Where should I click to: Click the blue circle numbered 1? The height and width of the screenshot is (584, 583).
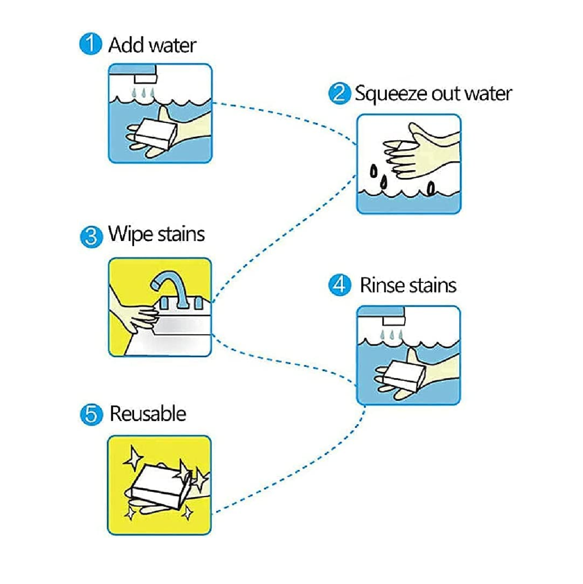coord(90,44)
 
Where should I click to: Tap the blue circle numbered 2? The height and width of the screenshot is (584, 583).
coord(339,93)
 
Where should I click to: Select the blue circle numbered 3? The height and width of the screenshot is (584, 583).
coord(91,237)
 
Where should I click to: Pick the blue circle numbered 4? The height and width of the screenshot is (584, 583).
coord(340,285)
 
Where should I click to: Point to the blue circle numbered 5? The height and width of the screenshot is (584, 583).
coord(91,414)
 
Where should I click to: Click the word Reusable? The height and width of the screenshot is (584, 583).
coord(148,413)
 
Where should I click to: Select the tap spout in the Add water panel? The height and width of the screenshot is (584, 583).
coord(146,78)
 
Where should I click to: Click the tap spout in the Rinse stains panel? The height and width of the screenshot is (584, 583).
coord(394,320)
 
